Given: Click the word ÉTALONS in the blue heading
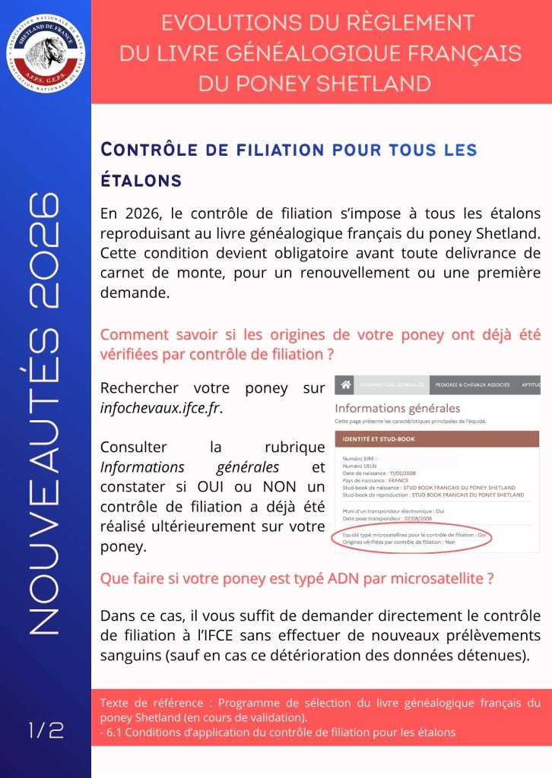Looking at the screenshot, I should point(141,180).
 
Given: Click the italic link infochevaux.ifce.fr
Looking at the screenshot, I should point(161,408).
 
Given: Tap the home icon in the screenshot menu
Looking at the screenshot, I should point(345,385).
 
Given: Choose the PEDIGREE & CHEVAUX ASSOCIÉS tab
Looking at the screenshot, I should point(472,385).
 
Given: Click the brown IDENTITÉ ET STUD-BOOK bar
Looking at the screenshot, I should point(437,439).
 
